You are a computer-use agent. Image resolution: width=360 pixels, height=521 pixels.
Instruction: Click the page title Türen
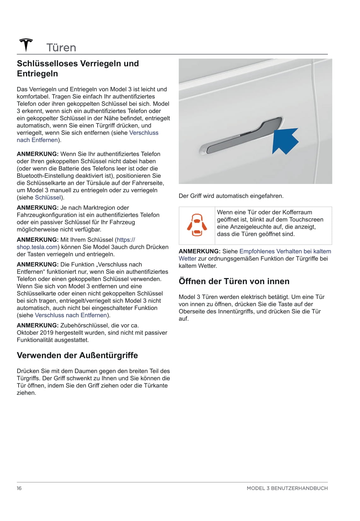pyautogui.click(x=61, y=48)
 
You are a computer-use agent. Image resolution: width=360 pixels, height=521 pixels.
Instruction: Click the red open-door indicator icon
pyautogui.click(x=197, y=225)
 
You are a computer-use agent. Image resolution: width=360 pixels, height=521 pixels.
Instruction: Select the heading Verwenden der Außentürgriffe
pyautogui.click(x=77, y=355)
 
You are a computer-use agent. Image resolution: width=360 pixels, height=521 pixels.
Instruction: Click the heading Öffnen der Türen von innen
pyautogui.click(x=234, y=281)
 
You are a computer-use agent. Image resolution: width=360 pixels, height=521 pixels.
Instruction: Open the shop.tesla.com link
pyautogui.click(x=37, y=247)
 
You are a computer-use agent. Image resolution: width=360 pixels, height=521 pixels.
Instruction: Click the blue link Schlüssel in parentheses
pyautogui.click(x=48, y=198)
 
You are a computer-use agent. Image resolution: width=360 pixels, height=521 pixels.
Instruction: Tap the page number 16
pyautogui.click(x=19, y=488)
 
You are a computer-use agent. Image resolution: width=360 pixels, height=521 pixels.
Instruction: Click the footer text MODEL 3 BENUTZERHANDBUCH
pyautogui.click(x=287, y=488)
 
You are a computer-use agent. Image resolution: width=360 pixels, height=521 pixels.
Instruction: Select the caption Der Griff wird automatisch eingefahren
pyautogui.click(x=231, y=196)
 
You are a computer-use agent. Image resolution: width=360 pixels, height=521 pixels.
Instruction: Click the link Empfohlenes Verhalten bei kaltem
pyautogui.click(x=285, y=251)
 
